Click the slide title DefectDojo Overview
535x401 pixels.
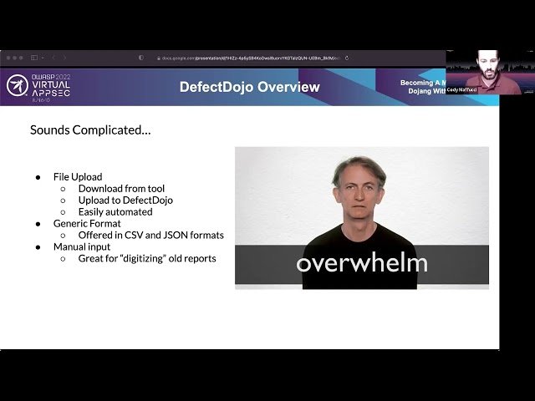point(249,87)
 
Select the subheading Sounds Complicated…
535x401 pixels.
point(90,130)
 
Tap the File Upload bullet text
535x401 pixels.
point(78,177)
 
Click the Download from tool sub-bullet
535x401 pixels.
point(121,189)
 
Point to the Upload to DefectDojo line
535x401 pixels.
point(125,200)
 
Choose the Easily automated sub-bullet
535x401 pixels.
point(116,212)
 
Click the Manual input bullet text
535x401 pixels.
point(82,247)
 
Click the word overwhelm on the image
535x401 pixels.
point(361,264)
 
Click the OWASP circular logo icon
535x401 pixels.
point(17,85)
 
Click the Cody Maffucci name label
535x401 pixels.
point(461,89)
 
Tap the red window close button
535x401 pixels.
point(8,58)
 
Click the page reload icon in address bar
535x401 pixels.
point(347,58)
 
